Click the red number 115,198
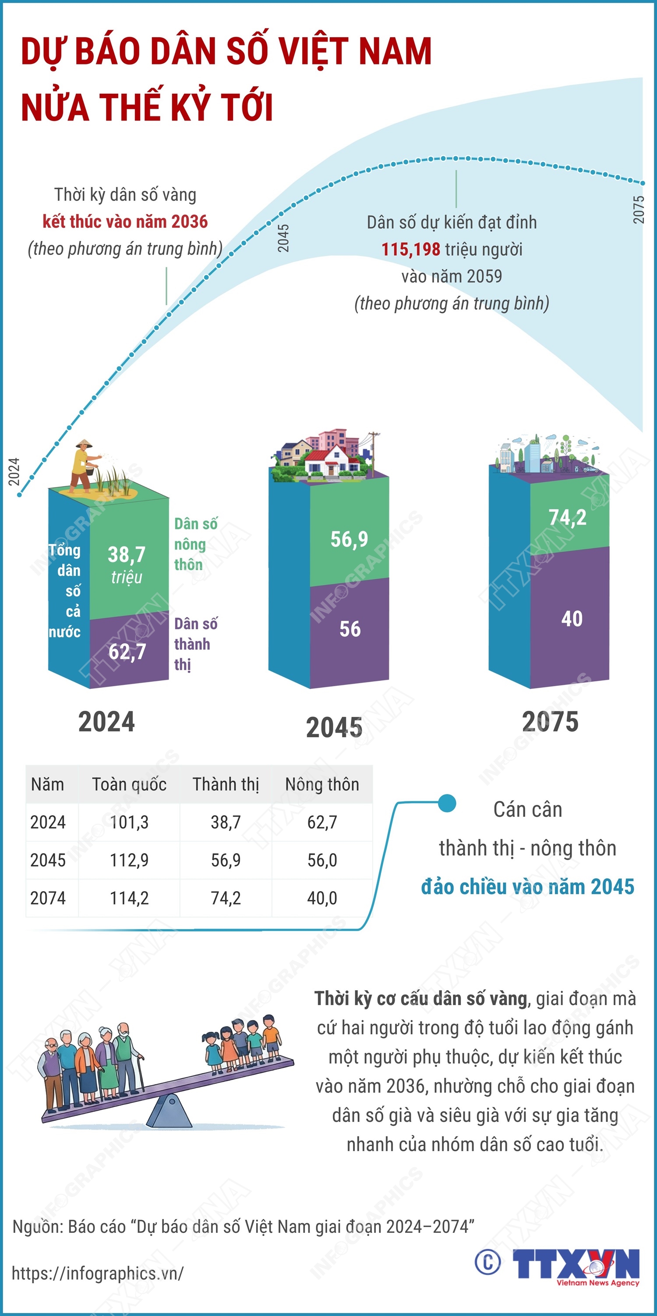pos(411,249)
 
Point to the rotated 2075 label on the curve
pos(639,209)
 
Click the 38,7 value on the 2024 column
pos(127,555)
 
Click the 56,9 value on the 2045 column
pos(349,540)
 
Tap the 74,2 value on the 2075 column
pos(567,518)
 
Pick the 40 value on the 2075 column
pos(572,619)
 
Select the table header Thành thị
pos(226,784)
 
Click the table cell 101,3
pos(129,822)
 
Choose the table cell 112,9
pos(129,860)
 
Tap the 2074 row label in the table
pos(48,898)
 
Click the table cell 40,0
pos(322,898)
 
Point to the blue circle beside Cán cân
pos(447,803)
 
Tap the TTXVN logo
pos(576,1264)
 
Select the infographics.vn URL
pos(97,1274)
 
